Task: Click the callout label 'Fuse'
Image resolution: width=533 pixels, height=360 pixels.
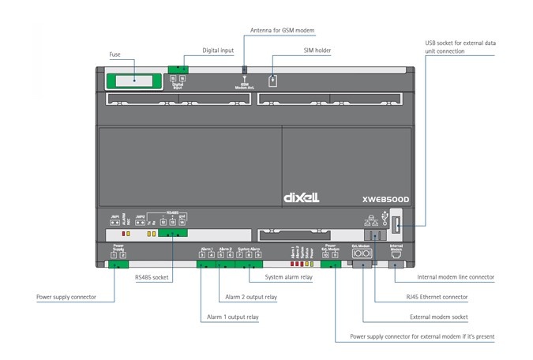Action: [114, 54]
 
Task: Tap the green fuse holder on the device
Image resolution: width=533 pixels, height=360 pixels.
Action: [132, 79]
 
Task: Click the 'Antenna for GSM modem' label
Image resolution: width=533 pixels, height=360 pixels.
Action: [282, 29]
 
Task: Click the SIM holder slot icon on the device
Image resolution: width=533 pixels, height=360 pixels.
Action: [272, 80]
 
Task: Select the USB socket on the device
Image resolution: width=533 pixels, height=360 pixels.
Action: [396, 228]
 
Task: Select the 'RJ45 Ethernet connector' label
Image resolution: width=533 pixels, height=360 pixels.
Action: [431, 297]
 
